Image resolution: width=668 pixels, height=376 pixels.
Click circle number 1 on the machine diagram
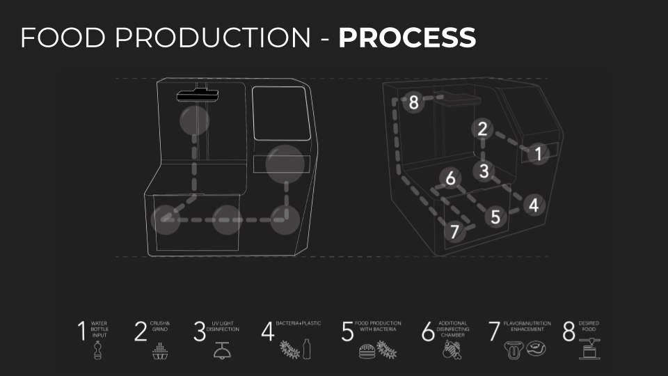(x=537, y=154)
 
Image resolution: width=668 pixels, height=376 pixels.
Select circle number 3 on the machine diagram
(x=484, y=170)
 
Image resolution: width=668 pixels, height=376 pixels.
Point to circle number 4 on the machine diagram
(x=533, y=205)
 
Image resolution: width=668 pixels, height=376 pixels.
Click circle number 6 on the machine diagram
(x=451, y=179)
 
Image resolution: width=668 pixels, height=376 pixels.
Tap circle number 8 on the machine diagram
(x=414, y=103)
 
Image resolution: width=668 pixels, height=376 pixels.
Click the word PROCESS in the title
(x=407, y=38)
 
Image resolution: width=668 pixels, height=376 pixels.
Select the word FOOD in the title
(x=62, y=38)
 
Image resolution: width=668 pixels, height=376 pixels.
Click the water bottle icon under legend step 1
(x=97, y=350)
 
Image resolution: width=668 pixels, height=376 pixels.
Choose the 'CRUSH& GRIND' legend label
(x=160, y=327)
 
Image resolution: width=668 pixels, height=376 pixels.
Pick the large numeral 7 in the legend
(x=494, y=331)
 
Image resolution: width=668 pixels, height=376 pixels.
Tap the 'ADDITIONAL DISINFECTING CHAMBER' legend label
(x=453, y=329)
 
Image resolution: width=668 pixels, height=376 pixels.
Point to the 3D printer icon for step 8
(x=589, y=350)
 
